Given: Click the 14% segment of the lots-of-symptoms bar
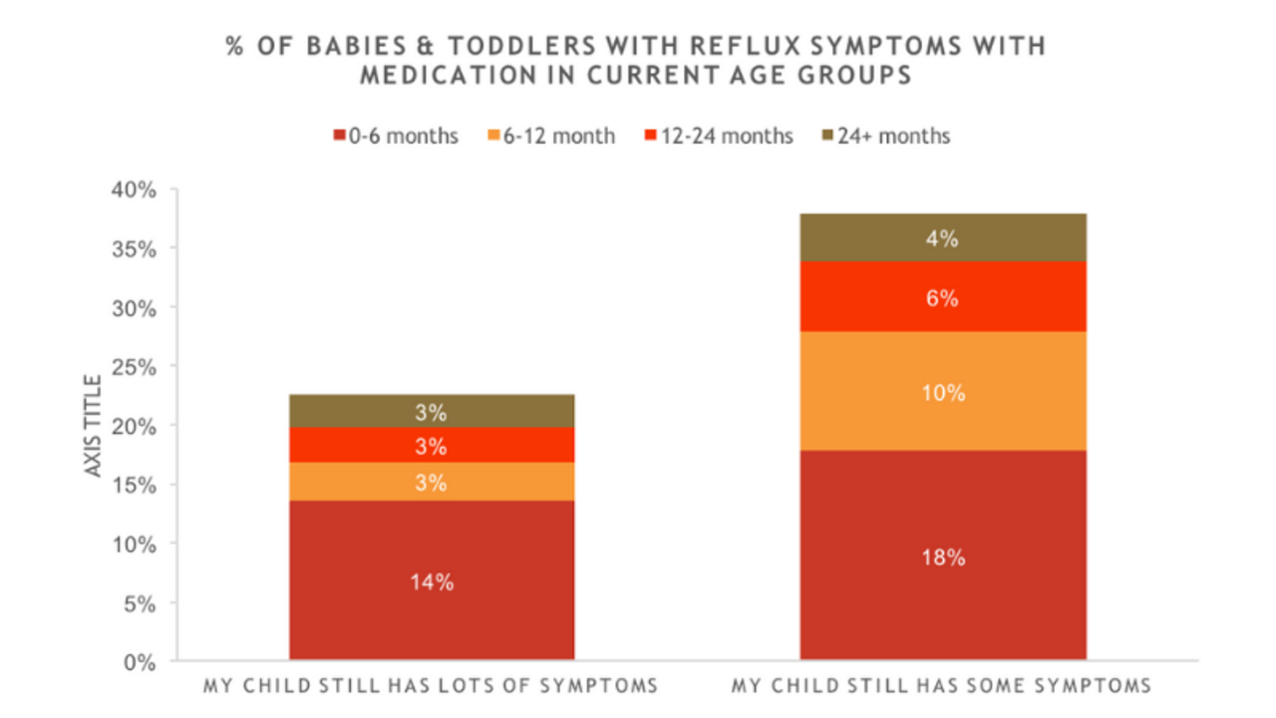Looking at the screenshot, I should (432, 580).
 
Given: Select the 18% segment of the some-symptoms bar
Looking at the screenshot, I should (942, 555).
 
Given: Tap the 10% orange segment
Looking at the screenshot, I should (942, 392).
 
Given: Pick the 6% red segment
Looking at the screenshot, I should (942, 297).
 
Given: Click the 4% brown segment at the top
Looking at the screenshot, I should (942, 238).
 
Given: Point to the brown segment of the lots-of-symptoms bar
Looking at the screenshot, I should (432, 411).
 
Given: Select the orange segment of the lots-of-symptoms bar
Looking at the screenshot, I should (432, 482).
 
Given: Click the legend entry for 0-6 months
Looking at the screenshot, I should (395, 136).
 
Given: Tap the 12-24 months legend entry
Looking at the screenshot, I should (719, 136).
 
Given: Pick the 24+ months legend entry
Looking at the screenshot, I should (886, 136).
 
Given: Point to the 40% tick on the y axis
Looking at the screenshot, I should (134, 189).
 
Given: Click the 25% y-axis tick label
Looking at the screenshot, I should (134, 367).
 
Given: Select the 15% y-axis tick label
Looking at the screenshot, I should (134, 485).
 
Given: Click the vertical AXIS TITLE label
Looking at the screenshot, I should (94, 425).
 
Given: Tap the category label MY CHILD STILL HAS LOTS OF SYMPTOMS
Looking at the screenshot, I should (431, 686).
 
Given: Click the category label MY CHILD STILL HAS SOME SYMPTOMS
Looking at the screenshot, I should (941, 686).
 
